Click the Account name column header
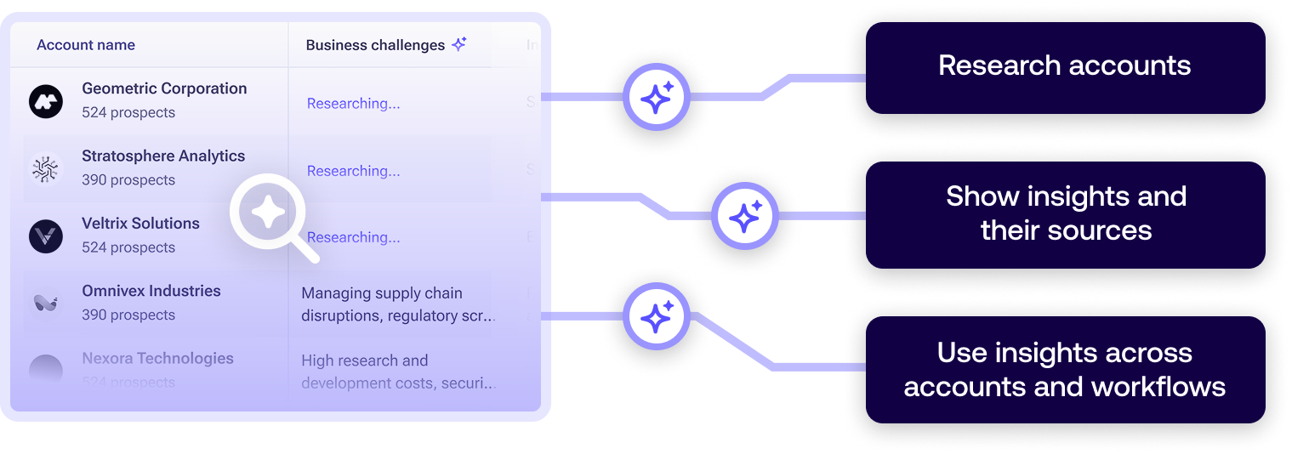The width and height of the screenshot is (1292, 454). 86,45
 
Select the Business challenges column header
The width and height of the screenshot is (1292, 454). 375,45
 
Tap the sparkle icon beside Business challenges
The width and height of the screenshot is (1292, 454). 459,44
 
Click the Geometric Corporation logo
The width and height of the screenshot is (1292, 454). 46,101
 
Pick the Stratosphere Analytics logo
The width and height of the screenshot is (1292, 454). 46,168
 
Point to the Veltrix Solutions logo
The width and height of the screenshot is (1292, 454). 46,236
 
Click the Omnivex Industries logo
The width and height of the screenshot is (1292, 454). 46,303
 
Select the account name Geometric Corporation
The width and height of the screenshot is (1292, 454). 164,88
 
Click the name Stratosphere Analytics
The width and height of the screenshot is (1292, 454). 163,156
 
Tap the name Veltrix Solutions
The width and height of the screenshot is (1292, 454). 140,224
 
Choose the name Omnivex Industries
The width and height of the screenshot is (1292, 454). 151,291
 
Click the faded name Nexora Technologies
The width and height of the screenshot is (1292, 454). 157,358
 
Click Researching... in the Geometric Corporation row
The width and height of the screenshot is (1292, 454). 353,104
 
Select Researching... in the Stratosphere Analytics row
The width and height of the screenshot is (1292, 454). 353,171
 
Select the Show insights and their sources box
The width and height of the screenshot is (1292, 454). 1065,213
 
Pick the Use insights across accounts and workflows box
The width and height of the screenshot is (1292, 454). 1064,370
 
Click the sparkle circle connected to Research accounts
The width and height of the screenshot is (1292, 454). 656,98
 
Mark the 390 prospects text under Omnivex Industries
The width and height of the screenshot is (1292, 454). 128,315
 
